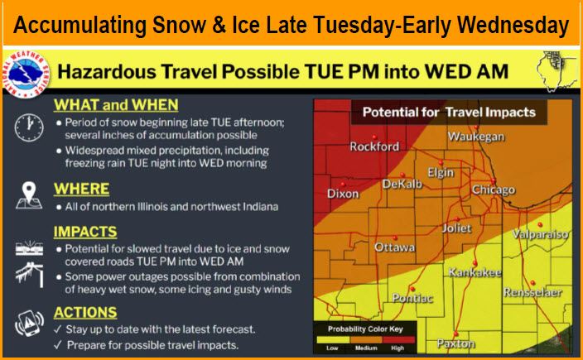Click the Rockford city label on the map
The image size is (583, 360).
pyautogui.click(x=374, y=147)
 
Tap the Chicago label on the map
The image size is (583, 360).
pyautogui.click(x=493, y=190)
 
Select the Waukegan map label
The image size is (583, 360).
pyautogui.click(x=476, y=137)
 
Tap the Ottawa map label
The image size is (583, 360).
pyautogui.click(x=395, y=247)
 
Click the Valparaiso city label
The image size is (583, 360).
pyautogui.click(x=539, y=235)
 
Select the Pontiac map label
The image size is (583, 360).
pyautogui.click(x=412, y=298)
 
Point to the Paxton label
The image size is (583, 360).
pyautogui.click(x=455, y=343)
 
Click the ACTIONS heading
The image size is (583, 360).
pyautogui.click(x=84, y=312)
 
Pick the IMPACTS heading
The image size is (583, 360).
pyautogui.click(x=85, y=232)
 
